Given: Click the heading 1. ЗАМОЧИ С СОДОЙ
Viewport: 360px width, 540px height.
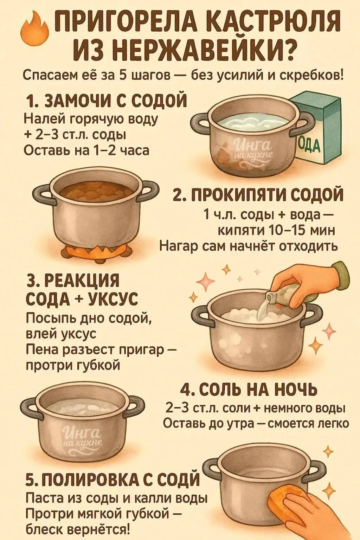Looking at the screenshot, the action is pos(106,101).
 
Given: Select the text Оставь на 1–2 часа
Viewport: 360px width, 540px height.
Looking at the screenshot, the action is pos(86,151).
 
